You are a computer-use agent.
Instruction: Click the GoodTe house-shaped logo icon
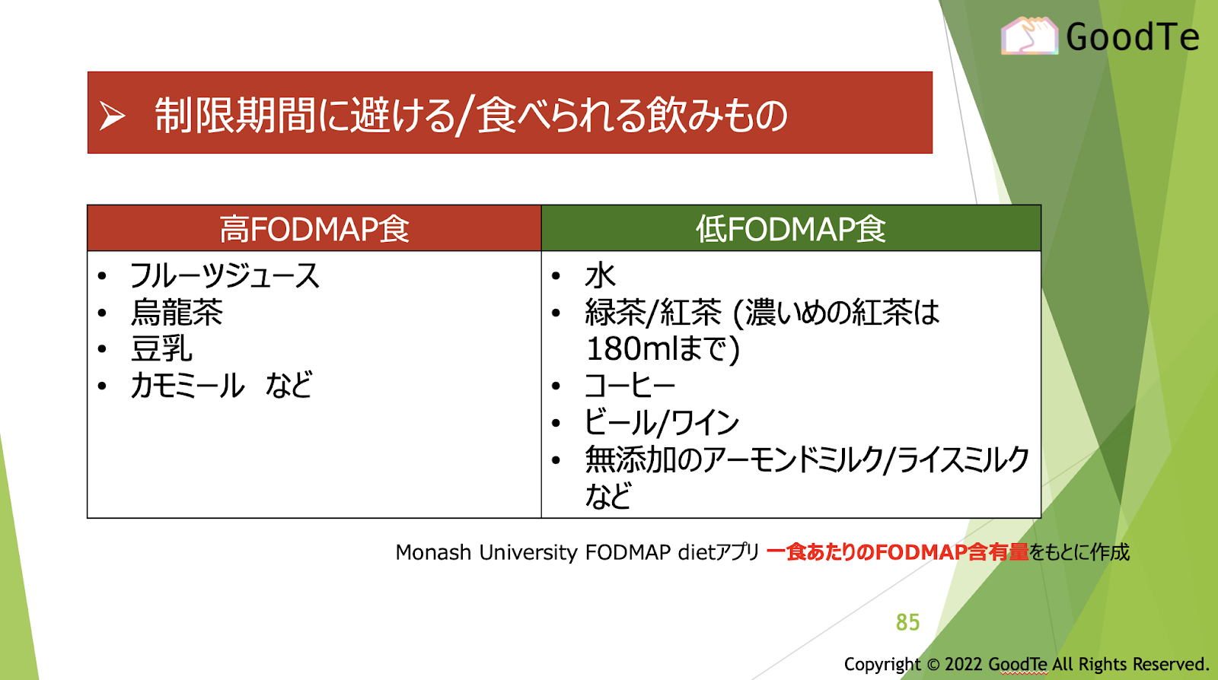pos(1029,36)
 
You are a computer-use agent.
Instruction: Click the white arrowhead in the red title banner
pos(113,116)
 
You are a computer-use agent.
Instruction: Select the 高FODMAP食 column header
pos(314,228)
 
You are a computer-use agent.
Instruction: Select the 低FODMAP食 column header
pos(791,228)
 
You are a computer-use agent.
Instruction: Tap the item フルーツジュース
pos(225,275)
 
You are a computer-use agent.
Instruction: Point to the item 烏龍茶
pos(177,313)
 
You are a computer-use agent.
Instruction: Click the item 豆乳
pos(161,348)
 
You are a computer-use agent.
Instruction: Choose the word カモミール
pos(187,386)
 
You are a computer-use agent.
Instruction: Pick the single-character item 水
pos(601,275)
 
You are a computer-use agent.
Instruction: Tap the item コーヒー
pos(630,386)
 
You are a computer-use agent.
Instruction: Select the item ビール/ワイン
pos(662,423)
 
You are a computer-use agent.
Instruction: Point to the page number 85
pos(907,622)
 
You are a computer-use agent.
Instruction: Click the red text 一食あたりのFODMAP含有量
pos(898,552)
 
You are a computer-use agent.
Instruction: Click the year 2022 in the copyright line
pos(964,664)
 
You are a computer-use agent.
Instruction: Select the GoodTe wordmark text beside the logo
pos(1133,37)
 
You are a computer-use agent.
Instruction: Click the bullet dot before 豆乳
pos(102,349)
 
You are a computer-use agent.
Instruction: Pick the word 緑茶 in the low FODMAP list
pos(616,313)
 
